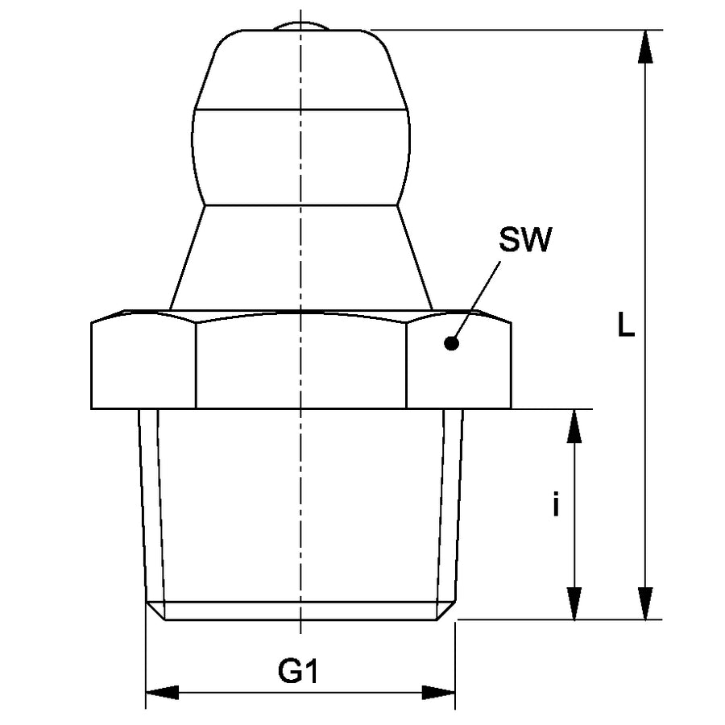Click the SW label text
pos(525,239)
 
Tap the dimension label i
pos(555,505)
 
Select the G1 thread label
pos(298,670)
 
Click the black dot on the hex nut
pos(451,344)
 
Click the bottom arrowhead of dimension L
pos(645,603)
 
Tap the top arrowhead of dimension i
pos(574,427)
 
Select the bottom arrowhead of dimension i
pos(574,603)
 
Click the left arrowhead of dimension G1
pos(162,692)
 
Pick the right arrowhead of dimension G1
pos(438,692)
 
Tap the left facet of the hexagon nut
pos(144,362)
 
